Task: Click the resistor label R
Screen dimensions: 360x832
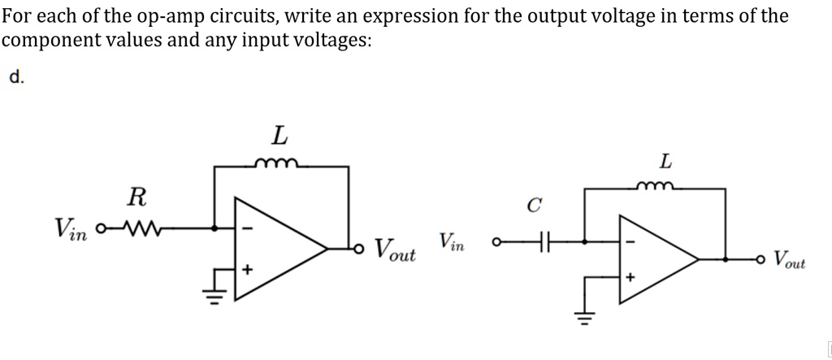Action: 137,196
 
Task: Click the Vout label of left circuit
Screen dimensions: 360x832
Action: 395,249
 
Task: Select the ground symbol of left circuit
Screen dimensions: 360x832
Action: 214,288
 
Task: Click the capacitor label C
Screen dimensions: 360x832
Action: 533,205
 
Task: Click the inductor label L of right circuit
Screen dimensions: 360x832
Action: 665,162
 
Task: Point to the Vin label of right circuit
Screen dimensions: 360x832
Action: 453,241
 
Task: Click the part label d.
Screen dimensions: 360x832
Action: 17,78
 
